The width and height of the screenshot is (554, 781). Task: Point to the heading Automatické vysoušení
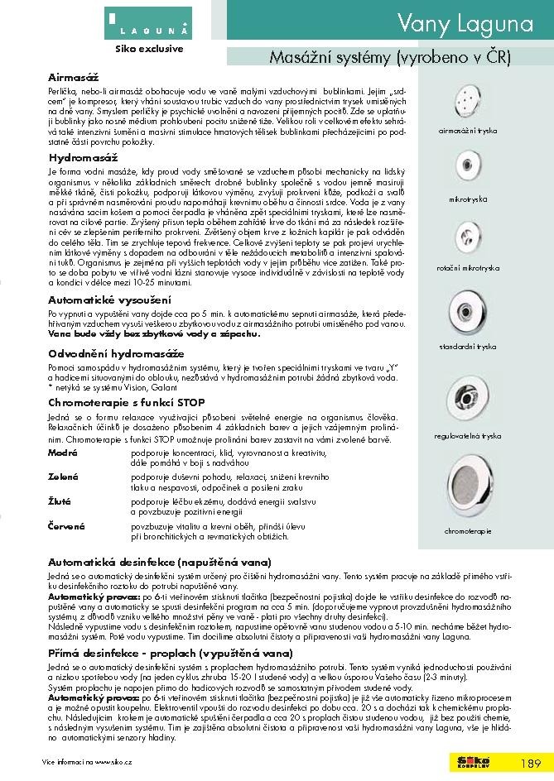point(109,299)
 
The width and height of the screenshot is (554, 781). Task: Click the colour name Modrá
point(63,454)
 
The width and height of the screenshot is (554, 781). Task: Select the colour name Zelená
point(63,478)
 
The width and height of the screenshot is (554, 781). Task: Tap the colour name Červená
point(66,525)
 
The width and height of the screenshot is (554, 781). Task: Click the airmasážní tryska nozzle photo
point(468,101)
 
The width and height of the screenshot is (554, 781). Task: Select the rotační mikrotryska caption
point(469,270)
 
